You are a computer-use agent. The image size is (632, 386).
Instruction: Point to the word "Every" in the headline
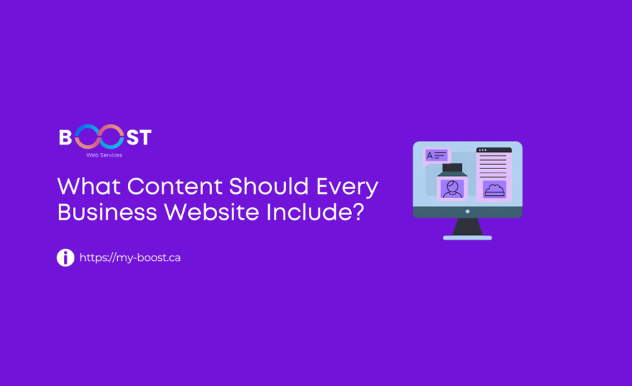coord(348,187)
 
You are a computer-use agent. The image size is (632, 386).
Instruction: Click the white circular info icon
coord(65,258)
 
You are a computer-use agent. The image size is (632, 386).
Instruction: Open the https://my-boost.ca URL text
coord(130,258)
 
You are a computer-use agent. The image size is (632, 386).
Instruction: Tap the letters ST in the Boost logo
coord(138,137)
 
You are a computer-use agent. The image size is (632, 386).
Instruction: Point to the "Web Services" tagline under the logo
coord(104,155)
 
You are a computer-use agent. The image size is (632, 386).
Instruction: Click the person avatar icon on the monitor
coord(452,189)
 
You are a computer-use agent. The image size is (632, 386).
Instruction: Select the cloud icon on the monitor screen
coord(494,189)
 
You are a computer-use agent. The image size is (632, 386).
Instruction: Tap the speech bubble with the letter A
coord(435,155)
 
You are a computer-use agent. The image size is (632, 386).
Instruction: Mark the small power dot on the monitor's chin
coord(467,211)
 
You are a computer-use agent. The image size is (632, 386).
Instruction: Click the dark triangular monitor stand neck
coord(467,227)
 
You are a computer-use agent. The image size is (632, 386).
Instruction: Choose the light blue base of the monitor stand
coord(467,237)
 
